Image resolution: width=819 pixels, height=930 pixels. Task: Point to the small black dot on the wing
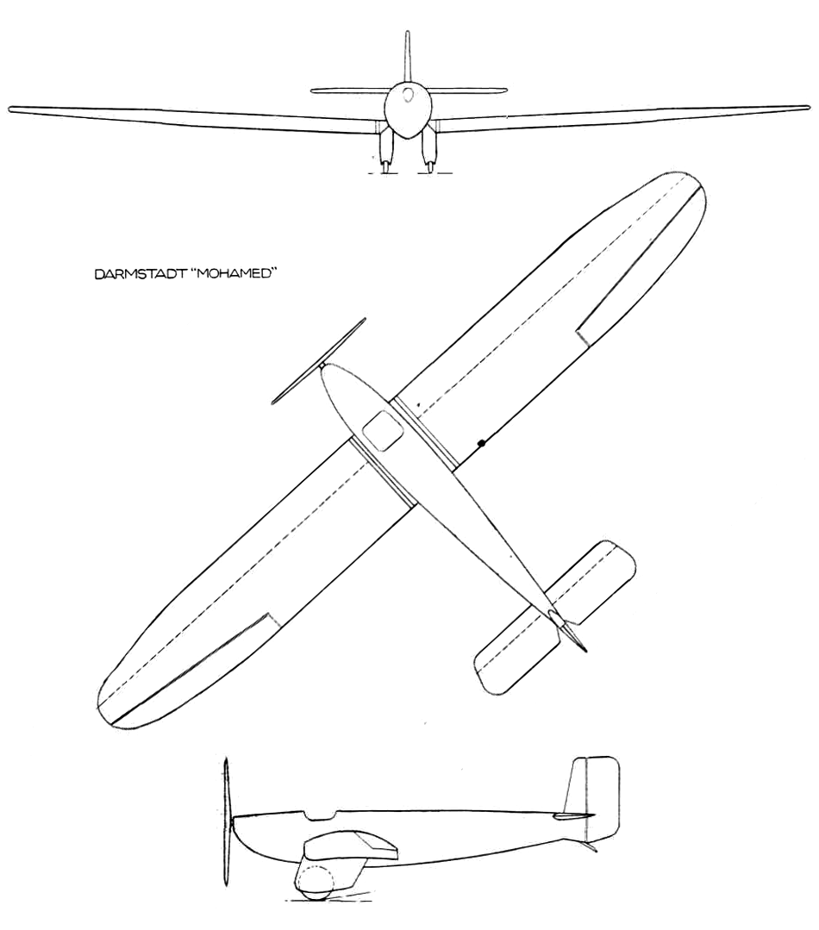coord(481,443)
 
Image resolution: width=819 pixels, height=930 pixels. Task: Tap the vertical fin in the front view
coord(406,56)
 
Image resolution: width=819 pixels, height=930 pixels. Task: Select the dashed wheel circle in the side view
coord(316,883)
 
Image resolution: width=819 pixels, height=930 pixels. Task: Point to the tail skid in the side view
coord(591,847)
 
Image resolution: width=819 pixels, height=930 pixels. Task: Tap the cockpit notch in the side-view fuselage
coord(320,815)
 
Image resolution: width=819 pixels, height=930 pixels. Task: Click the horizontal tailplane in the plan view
coord(557,616)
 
